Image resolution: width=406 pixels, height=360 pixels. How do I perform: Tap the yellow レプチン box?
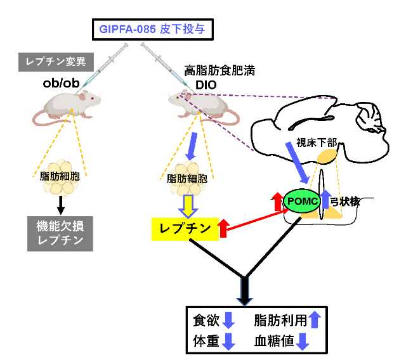click(x=184, y=228)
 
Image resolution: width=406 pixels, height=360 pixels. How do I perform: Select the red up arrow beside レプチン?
click(x=223, y=228)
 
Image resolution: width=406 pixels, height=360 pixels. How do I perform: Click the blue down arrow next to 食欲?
click(x=229, y=319)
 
